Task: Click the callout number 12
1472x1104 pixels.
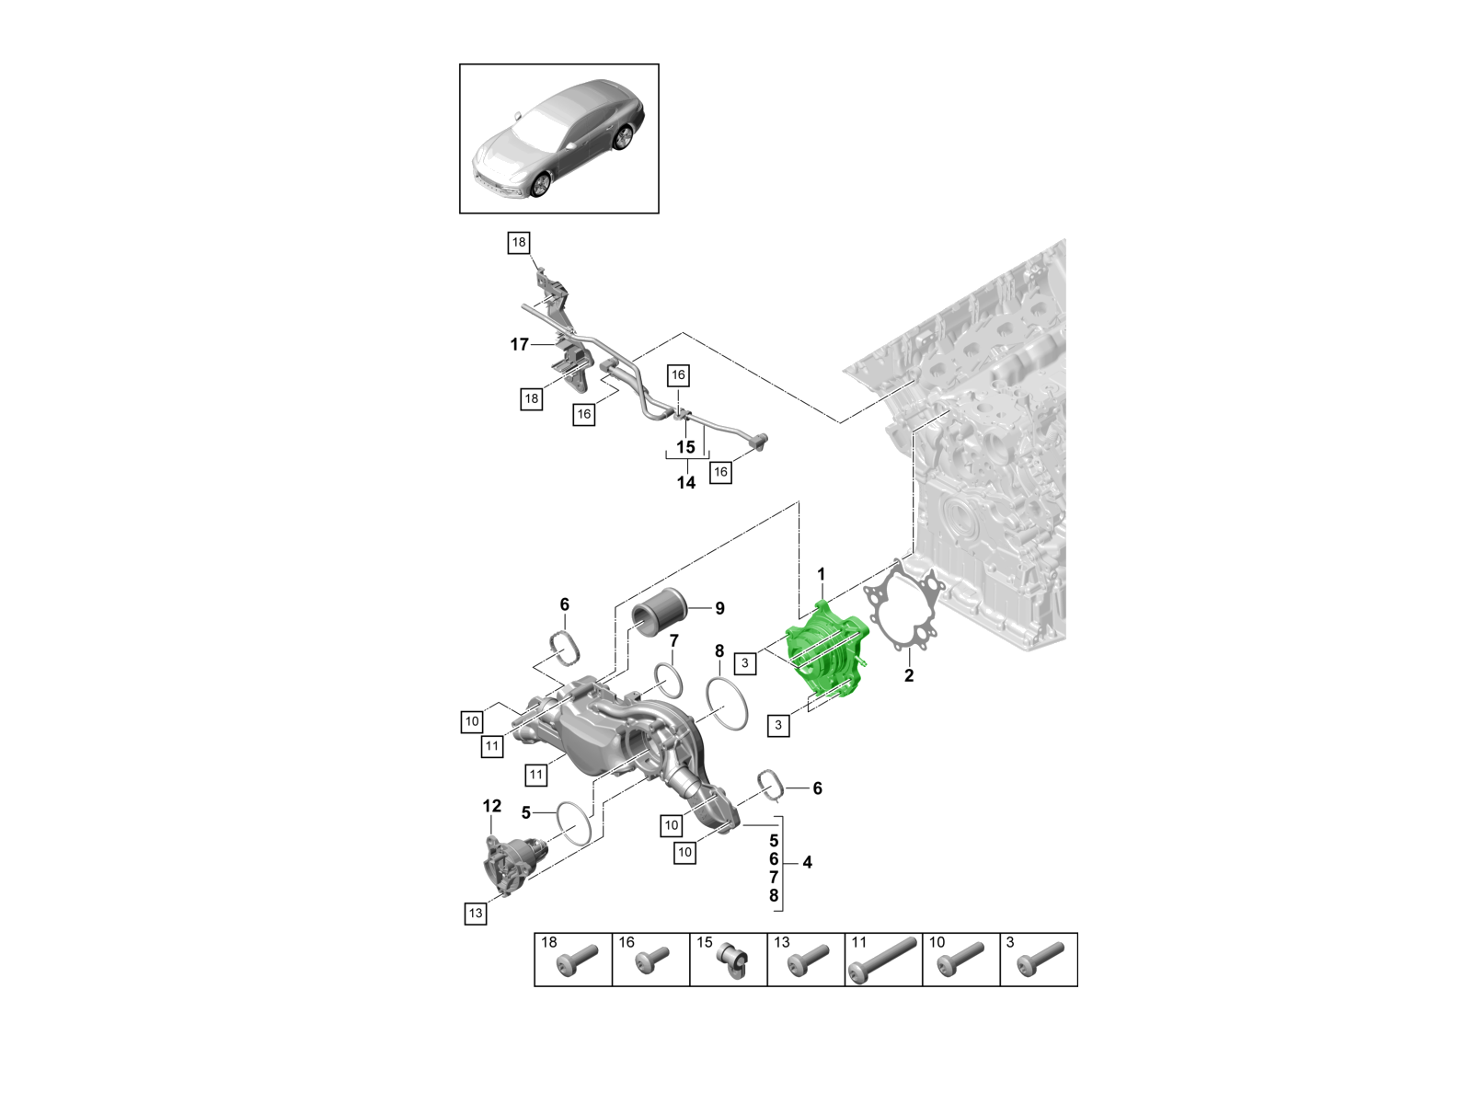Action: [x=492, y=806]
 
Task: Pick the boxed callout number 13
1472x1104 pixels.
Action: [x=475, y=914]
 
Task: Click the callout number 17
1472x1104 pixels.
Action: [x=520, y=344]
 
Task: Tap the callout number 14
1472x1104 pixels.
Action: [x=686, y=482]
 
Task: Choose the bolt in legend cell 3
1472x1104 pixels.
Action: [x=1041, y=960]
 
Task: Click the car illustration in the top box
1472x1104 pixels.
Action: [x=558, y=138]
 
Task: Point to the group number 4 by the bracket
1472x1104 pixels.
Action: [x=807, y=862]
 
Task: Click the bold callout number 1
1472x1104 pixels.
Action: [x=822, y=575]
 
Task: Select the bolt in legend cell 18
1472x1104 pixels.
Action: [x=577, y=961]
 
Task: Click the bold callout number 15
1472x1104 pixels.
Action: [x=686, y=447]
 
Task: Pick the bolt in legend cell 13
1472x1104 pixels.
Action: [x=807, y=961]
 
